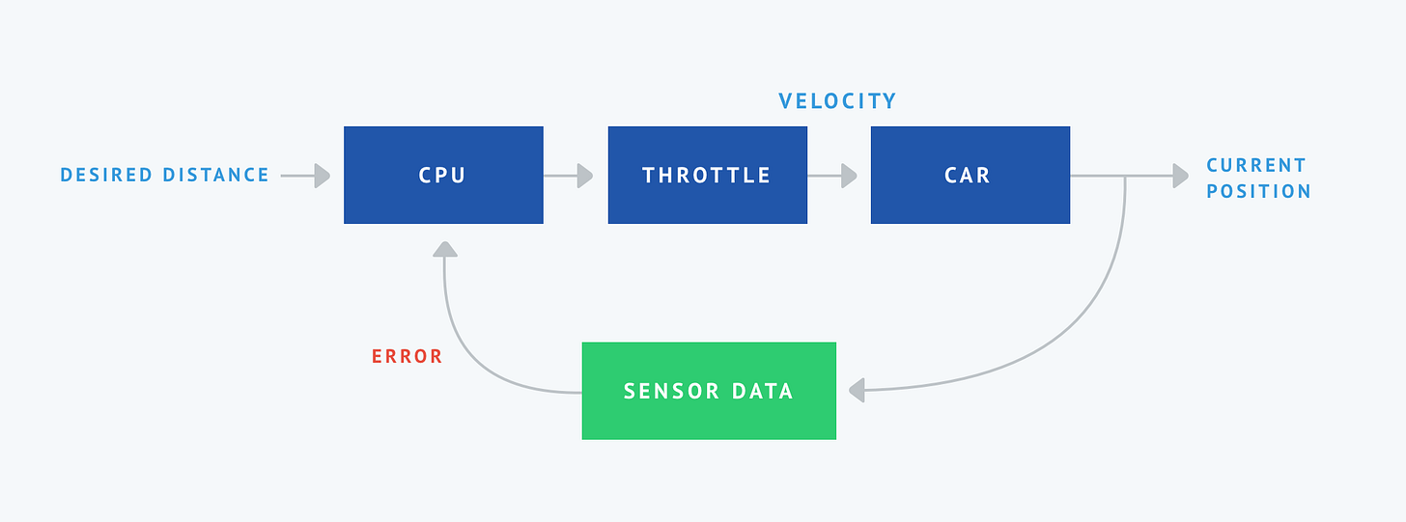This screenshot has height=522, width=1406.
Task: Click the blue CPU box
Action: coord(443,175)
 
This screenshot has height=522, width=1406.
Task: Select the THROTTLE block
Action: coord(707,175)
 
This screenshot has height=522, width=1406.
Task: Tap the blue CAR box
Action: coord(970,175)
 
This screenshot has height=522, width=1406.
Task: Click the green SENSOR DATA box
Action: coord(708,391)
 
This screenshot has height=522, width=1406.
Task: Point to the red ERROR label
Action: coord(407,356)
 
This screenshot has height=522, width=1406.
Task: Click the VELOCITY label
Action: coord(837,101)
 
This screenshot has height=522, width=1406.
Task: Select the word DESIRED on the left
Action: coord(106,176)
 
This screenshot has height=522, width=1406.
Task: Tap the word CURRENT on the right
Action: coord(1255,165)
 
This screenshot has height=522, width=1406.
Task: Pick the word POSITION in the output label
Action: coord(1258,191)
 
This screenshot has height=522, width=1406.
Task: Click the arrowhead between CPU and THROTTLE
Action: coord(584,176)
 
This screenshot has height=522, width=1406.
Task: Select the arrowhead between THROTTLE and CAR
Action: coord(849,176)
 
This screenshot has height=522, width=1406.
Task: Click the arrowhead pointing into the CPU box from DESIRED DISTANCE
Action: coord(322,176)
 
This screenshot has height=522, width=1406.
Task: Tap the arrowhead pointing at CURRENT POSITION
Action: coord(1180,176)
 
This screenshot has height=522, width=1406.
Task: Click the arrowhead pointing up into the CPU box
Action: coord(444,249)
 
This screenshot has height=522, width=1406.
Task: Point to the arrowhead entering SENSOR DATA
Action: coord(856,391)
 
